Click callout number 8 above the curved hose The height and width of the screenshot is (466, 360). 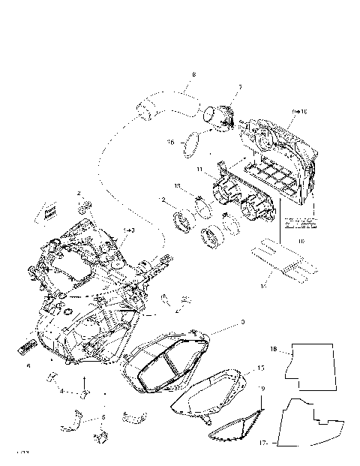click(193, 75)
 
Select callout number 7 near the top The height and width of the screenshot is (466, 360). click(239, 87)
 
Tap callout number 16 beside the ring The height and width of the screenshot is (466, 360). click(171, 140)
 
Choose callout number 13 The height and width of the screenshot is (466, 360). click(178, 185)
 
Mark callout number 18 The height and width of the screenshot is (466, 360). click(274, 350)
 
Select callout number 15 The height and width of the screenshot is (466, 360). click(261, 368)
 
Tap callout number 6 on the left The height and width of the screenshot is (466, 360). click(28, 366)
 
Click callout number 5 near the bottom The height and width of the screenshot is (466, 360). click(103, 416)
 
